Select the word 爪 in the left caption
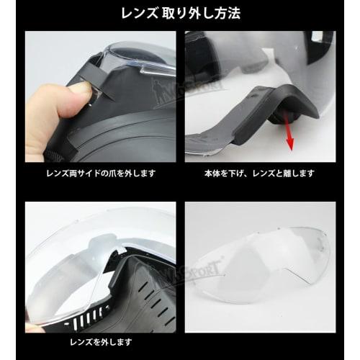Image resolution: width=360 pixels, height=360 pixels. coord(109,174)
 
